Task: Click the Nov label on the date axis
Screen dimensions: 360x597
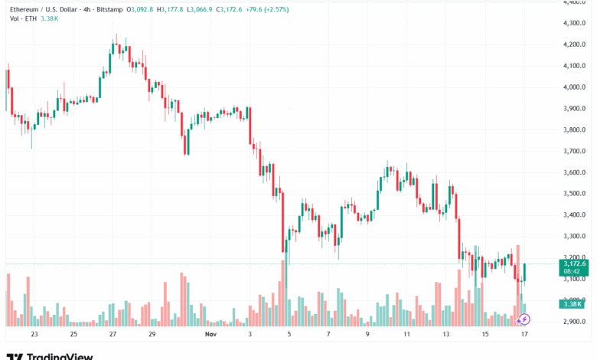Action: click(x=211, y=335)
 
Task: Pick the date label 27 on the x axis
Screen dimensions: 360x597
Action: click(x=113, y=335)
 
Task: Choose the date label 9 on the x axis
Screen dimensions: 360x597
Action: click(x=367, y=335)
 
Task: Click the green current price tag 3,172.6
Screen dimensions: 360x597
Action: click(x=573, y=263)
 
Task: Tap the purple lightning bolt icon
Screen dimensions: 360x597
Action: click(x=525, y=319)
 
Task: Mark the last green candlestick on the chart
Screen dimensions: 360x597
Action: click(x=524, y=273)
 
